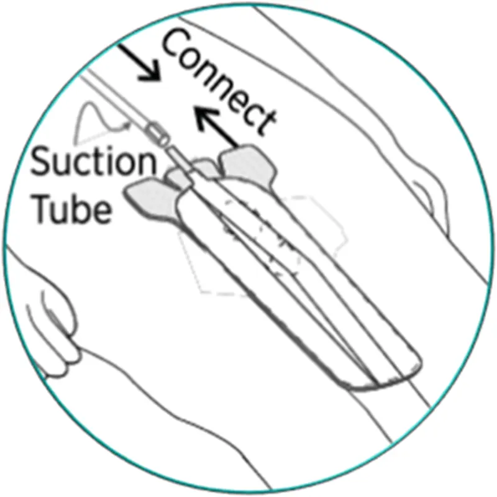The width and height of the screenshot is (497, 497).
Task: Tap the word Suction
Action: point(94,162)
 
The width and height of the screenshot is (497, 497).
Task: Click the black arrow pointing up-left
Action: point(216,127)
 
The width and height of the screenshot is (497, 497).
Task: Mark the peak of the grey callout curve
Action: point(91,103)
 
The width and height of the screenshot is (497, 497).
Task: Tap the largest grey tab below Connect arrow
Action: point(248,165)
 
